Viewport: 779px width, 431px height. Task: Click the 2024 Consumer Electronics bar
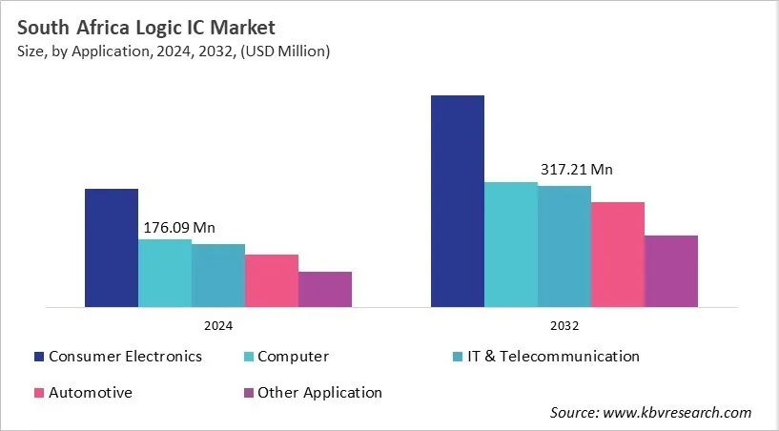(x=112, y=248)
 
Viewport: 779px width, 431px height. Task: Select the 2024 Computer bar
(x=165, y=273)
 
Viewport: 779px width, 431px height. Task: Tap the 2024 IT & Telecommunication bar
(x=218, y=276)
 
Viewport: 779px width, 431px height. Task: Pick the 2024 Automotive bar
(x=272, y=280)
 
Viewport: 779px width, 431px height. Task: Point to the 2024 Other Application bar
(x=325, y=289)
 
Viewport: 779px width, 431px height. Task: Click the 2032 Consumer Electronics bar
(x=458, y=201)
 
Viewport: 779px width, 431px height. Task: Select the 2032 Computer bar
(x=511, y=244)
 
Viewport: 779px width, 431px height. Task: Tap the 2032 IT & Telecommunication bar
(x=564, y=246)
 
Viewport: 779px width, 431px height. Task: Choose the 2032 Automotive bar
(x=618, y=255)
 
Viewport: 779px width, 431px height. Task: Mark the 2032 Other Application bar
(x=671, y=271)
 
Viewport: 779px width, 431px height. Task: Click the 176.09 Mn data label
(x=179, y=228)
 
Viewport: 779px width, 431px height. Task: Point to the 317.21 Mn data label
(x=575, y=170)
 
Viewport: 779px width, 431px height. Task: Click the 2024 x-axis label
(x=218, y=325)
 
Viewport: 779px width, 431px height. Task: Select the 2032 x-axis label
(x=564, y=325)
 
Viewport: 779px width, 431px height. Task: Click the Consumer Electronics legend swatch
(x=39, y=357)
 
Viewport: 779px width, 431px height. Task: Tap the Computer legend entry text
(x=293, y=357)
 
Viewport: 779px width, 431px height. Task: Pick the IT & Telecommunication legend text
(x=552, y=357)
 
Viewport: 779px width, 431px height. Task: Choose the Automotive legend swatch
(x=39, y=393)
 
